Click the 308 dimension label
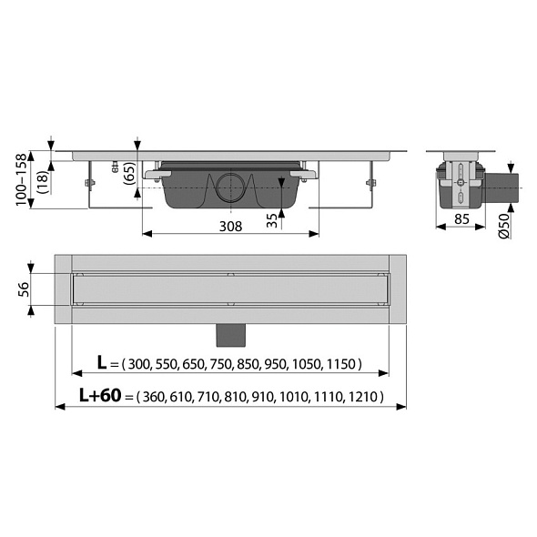230,227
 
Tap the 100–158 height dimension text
22,180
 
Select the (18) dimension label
44,183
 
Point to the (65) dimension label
129,174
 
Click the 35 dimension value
272,220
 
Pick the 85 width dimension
461,218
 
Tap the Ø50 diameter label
505,225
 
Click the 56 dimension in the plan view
24,289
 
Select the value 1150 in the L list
341,364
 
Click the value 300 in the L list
139,364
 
